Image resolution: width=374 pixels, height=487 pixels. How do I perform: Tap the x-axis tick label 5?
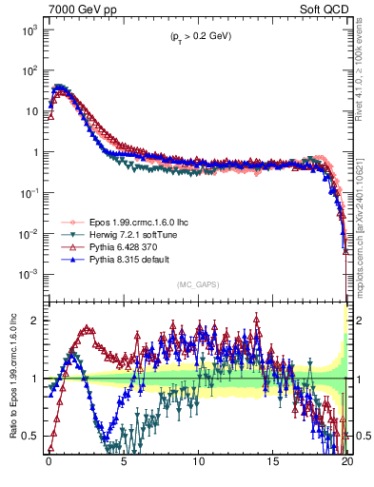124,466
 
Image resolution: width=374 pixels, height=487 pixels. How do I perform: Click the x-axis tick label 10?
198,466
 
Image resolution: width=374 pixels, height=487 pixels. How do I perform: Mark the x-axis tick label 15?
273,466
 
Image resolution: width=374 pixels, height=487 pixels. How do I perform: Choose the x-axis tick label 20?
347,466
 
